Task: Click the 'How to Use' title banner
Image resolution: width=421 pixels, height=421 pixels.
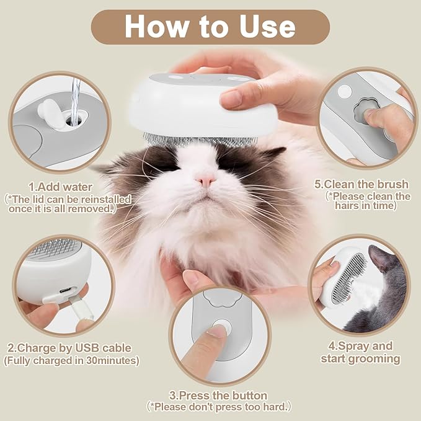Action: point(210,27)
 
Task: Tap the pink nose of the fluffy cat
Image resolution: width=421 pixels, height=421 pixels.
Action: point(205,180)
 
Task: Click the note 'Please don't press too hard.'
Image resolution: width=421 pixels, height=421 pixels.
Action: point(219,407)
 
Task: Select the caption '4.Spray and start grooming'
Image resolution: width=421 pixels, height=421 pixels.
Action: point(360,352)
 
